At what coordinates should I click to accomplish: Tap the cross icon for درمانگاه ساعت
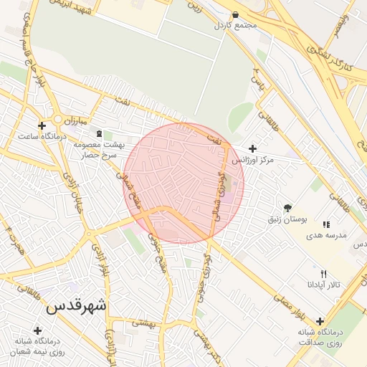42,125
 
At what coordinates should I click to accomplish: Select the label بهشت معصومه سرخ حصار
99,149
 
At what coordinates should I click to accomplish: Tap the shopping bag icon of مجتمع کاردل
236,14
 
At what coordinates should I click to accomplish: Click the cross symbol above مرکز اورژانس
252,148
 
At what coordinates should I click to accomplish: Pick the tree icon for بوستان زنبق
287,208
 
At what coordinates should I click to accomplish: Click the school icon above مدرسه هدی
326,224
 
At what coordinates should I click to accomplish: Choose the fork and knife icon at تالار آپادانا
323,274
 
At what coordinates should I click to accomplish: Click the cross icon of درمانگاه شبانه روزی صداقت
320,321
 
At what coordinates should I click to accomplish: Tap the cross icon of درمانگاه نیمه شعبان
37,330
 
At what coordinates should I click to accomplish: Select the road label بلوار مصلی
290,305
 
